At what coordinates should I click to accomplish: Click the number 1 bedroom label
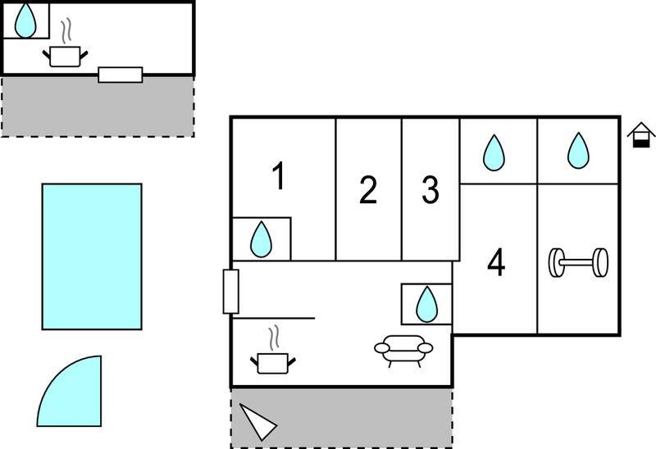[x=279, y=176]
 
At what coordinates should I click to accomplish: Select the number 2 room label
[x=368, y=190]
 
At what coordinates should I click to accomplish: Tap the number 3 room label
[x=430, y=190]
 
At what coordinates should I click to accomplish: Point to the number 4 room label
[x=496, y=262]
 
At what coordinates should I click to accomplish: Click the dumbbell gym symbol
[x=578, y=262]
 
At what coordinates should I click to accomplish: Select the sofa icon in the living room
[x=403, y=351]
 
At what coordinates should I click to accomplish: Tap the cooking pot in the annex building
[x=66, y=47]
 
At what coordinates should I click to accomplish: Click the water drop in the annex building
[x=25, y=20]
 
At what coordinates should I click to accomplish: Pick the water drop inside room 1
[x=261, y=239]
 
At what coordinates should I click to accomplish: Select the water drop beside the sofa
[x=426, y=304]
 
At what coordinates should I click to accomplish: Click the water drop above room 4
[x=494, y=152]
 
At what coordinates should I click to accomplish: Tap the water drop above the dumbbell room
[x=578, y=151]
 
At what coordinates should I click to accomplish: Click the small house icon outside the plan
[x=641, y=135]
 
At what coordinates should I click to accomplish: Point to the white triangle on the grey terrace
[x=257, y=422]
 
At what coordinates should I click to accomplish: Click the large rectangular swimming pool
[x=92, y=256]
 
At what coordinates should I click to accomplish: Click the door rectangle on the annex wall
[x=121, y=75]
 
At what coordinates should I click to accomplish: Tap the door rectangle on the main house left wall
[x=231, y=292]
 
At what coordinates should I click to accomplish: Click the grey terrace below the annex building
[x=98, y=107]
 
